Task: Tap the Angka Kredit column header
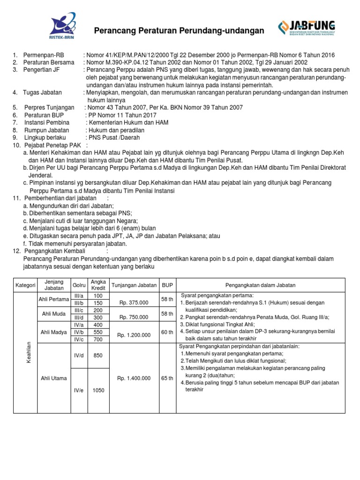(98, 285)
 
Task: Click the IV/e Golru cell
(78, 390)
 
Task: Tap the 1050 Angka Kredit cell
(98, 390)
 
